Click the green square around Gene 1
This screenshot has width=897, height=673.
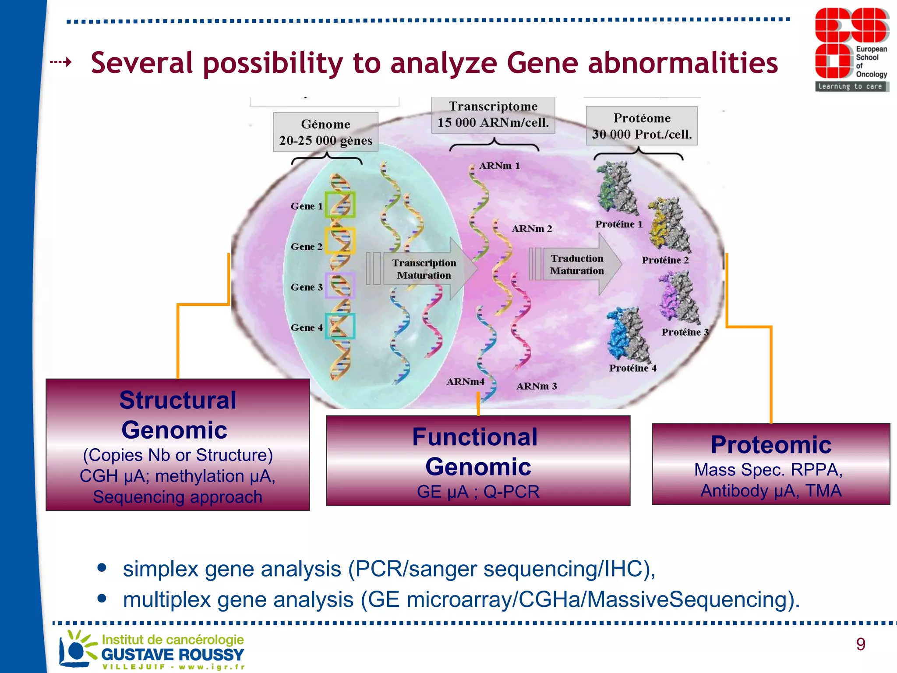click(x=340, y=205)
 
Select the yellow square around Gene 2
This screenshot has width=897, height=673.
click(x=339, y=241)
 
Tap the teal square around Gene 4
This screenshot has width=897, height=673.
click(x=340, y=326)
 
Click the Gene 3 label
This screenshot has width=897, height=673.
click(x=307, y=287)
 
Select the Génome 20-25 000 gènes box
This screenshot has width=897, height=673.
click(x=325, y=132)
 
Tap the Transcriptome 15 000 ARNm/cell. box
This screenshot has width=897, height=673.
click(x=493, y=115)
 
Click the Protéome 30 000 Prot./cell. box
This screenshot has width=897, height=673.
click(x=642, y=126)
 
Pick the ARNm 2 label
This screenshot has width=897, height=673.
click(x=532, y=229)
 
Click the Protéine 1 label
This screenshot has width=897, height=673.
click(x=618, y=224)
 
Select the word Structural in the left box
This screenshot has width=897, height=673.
click(x=178, y=400)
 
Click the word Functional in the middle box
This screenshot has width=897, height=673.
click(x=475, y=437)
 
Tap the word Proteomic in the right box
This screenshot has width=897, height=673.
click(x=771, y=445)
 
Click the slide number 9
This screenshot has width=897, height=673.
click(x=861, y=644)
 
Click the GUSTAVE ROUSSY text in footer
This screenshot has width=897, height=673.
click(x=173, y=655)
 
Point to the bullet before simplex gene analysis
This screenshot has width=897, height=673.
click(x=102, y=568)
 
